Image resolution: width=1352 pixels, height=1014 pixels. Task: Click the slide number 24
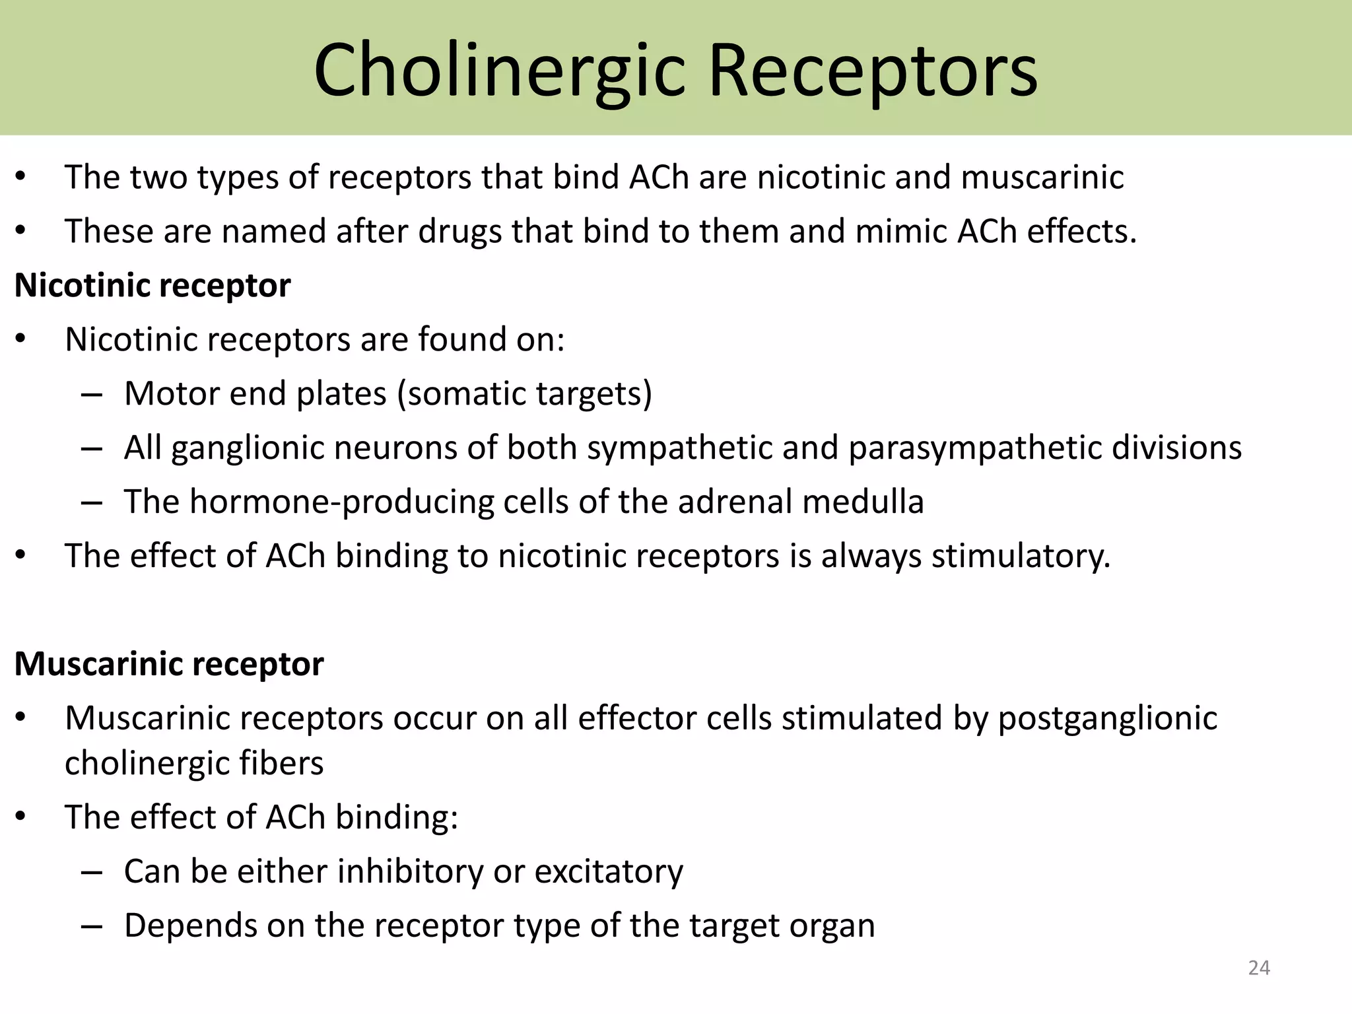[x=1259, y=968]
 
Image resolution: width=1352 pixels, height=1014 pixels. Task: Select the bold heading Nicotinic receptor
[x=152, y=286]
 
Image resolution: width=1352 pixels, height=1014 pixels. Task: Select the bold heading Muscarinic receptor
[x=169, y=664]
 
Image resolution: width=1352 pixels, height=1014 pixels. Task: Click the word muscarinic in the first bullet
[x=1042, y=178]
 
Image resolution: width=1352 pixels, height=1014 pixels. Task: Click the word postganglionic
[x=1107, y=719]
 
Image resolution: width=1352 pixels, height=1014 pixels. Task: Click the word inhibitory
[x=411, y=872]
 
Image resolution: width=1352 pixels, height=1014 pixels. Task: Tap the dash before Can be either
[x=92, y=873]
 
